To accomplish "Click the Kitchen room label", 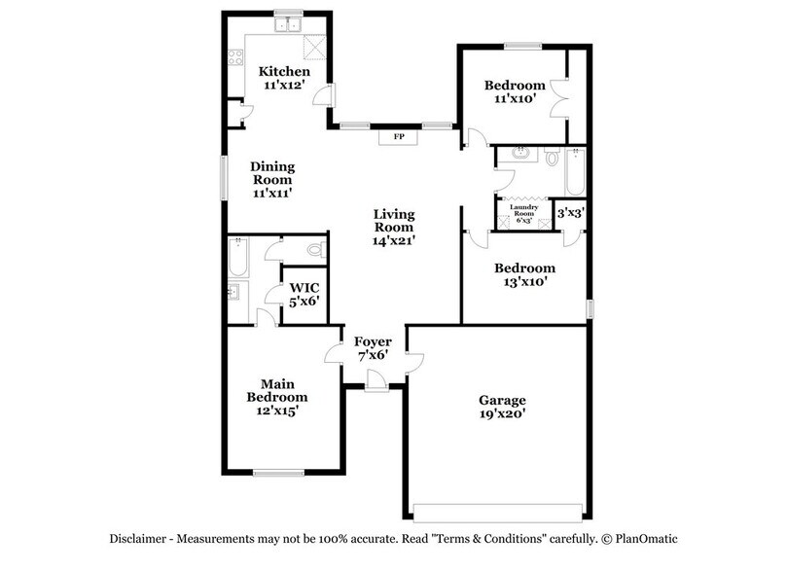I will (284, 72).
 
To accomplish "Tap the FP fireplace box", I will (398, 137).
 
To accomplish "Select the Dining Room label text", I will (272, 172).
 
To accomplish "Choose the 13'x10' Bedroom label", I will (524, 275).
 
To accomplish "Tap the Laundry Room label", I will (523, 211).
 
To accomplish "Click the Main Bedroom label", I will (277, 390).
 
